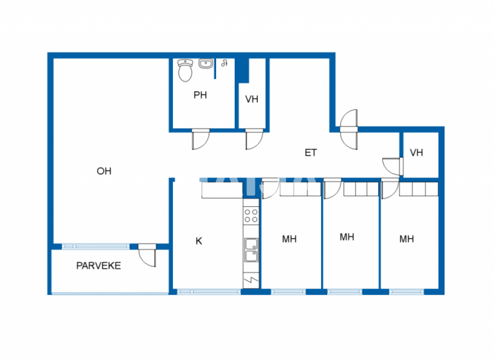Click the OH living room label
[104, 171]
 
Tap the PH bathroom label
[200, 95]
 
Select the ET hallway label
[311, 153]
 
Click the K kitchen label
[199, 241]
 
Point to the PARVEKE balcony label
[98, 265]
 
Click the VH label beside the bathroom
[252, 100]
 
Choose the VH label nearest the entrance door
[417, 153]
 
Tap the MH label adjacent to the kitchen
[289, 239]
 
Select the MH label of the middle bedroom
[347, 237]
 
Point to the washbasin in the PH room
[206, 64]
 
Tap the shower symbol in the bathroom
[224, 63]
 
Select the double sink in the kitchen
[251, 249]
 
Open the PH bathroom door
[200, 138]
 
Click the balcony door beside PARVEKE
[148, 255]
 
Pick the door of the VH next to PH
[254, 138]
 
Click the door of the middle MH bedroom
[332, 189]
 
